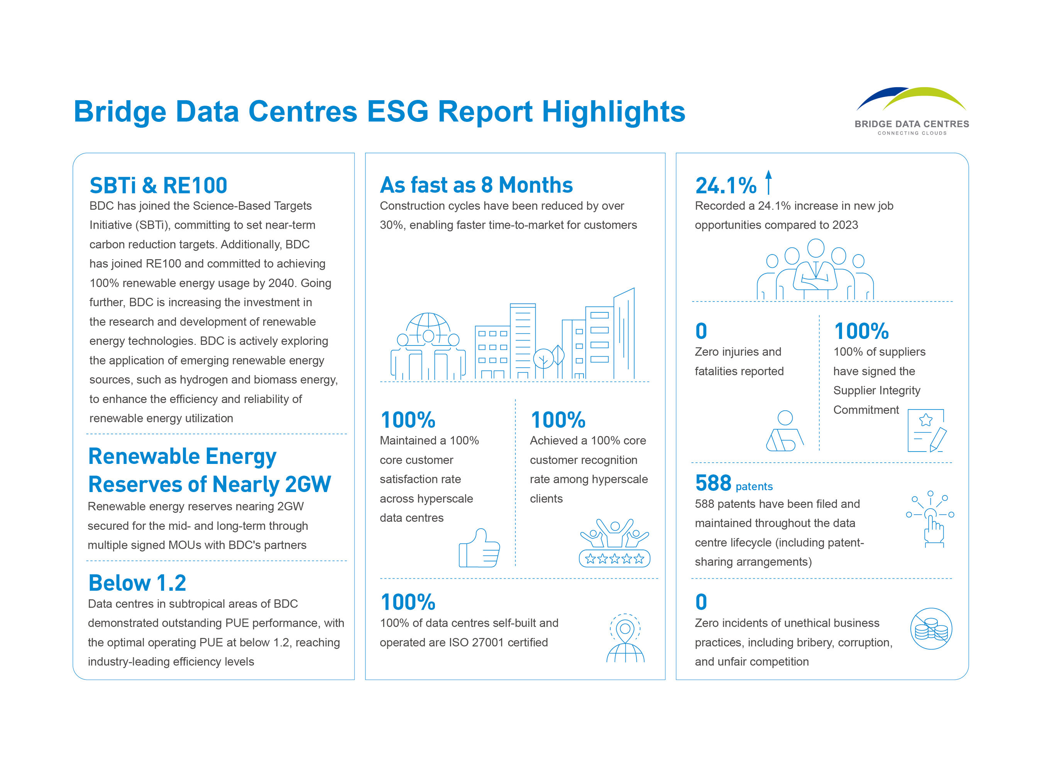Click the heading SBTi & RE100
click(x=158, y=186)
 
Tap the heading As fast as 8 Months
click(x=476, y=185)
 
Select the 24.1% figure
click(x=725, y=186)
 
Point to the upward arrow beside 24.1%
click(x=768, y=182)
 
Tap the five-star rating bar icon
click(x=614, y=558)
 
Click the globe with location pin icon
click(x=625, y=638)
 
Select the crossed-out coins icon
click(x=930, y=629)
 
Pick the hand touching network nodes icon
click(x=930, y=519)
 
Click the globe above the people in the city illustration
click(x=428, y=328)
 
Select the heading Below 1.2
click(x=137, y=583)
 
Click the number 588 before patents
click(x=713, y=483)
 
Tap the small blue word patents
click(x=754, y=487)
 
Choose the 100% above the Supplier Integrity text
click(x=861, y=332)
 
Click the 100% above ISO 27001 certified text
click(x=408, y=602)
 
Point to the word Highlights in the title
click(x=613, y=112)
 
